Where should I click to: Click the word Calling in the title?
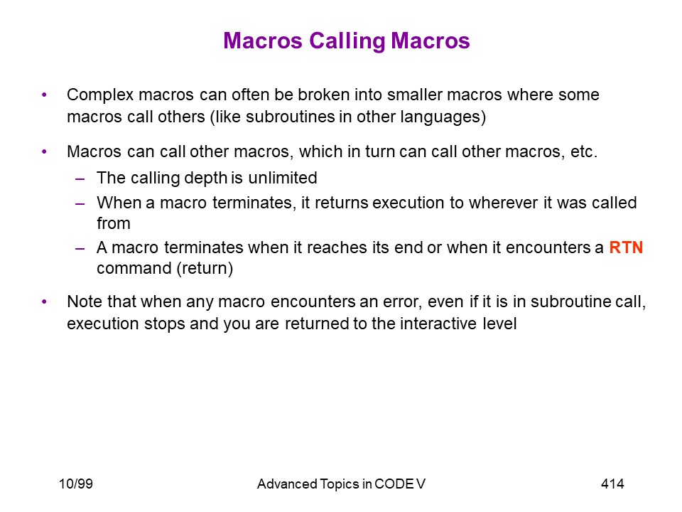347,42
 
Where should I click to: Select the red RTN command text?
626,247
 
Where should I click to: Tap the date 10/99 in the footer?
76,484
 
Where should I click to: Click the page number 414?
612,484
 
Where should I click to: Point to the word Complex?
100,95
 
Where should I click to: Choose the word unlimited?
283,178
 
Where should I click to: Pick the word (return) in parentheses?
205,268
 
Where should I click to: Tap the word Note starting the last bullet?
85,302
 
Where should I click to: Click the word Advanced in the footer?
287,484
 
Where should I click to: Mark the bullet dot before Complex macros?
44,95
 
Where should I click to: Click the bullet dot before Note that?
44,302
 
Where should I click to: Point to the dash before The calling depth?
80,178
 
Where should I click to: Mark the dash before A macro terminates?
80,247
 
